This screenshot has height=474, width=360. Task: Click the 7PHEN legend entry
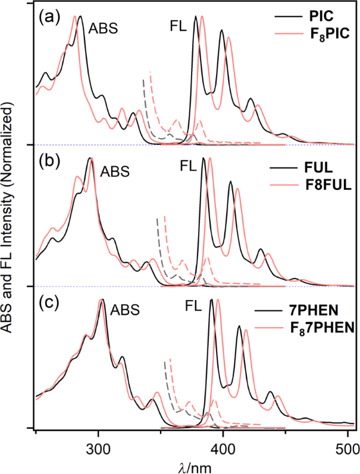click(324, 311)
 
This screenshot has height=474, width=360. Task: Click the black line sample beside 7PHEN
click(271, 311)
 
